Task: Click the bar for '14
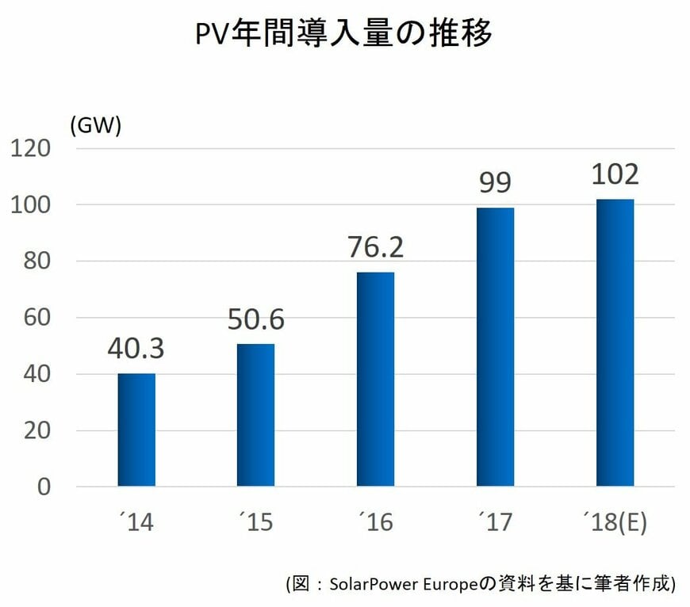[136, 429]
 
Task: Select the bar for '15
[255, 414]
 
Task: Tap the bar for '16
[375, 379]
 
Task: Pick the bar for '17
[495, 346]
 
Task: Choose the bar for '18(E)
[615, 342]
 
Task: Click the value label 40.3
[136, 349]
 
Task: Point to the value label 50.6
[255, 319]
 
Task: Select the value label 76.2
[375, 247]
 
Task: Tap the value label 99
[495, 183]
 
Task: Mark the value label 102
[615, 174]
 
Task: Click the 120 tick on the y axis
[29, 148]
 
